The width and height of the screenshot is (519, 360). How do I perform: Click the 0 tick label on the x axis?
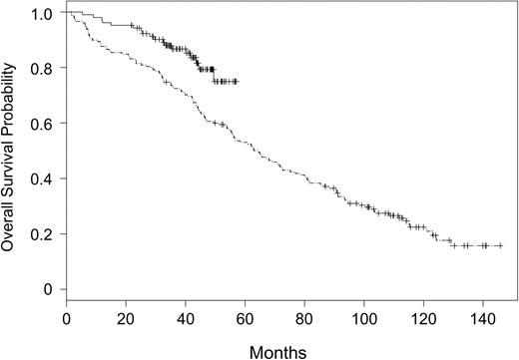(66, 319)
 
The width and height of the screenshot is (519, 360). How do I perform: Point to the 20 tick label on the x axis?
(126, 319)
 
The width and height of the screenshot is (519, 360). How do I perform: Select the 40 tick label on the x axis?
(186, 319)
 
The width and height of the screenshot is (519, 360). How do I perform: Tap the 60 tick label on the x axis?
(246, 319)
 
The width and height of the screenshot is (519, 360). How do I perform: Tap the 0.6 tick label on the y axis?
(40, 124)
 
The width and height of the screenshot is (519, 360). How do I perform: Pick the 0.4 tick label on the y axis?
(40, 179)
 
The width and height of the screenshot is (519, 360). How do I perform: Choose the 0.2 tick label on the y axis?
(40, 234)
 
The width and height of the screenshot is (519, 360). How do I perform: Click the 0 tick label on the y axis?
(45, 289)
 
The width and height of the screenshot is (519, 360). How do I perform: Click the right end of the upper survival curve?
(237, 82)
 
